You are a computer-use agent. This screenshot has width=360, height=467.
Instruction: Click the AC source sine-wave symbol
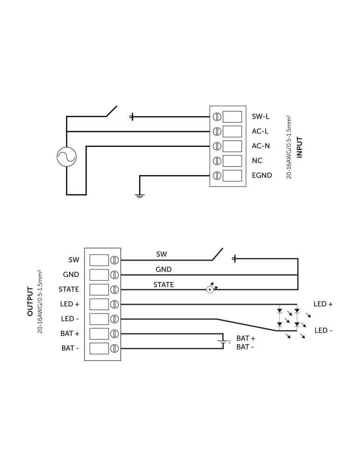click(x=66, y=156)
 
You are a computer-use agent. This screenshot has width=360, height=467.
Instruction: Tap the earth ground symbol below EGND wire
click(x=139, y=195)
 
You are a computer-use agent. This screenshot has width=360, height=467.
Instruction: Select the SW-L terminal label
click(x=261, y=116)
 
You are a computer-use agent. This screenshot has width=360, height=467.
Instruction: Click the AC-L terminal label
click(x=260, y=131)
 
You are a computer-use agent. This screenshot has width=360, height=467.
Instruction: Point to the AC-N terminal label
click(x=261, y=146)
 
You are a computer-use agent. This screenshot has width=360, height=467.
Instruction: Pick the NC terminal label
click(x=257, y=161)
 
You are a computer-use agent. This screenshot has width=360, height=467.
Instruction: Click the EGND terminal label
click(x=262, y=176)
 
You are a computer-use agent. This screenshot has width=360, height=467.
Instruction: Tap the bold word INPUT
click(x=300, y=147)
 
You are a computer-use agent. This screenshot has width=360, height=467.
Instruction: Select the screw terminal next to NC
click(x=217, y=161)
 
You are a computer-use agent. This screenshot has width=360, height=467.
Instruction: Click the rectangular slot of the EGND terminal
click(x=233, y=176)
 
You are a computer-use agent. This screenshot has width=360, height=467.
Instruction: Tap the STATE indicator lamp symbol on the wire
click(x=210, y=290)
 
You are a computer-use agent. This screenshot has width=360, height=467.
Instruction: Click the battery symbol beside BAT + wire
click(x=225, y=342)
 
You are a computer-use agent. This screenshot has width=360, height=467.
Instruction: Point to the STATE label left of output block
click(x=69, y=290)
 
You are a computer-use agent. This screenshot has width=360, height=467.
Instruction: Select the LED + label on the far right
click(x=323, y=304)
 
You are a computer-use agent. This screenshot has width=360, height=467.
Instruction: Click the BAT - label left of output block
click(x=70, y=348)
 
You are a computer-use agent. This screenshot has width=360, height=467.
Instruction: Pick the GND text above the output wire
click(x=163, y=269)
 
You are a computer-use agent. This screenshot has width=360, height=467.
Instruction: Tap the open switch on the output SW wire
click(x=217, y=255)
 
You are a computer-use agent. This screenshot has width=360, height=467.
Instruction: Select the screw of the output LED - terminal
click(x=114, y=319)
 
